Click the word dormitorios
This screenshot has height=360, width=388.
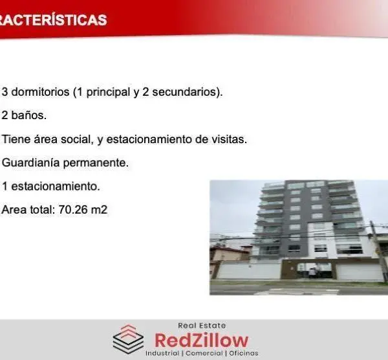[x=40, y=92]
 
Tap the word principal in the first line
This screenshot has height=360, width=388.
[x=108, y=93]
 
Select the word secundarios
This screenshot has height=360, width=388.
[x=186, y=92]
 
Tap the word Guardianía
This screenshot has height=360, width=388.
[x=30, y=163]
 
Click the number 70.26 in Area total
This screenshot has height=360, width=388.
[x=73, y=210]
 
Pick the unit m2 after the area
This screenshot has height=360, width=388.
[x=99, y=210]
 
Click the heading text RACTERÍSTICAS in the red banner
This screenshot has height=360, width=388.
[x=53, y=20]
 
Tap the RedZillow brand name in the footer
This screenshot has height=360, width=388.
[x=201, y=341]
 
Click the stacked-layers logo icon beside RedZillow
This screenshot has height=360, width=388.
[x=128, y=339]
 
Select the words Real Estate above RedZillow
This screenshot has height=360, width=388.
[x=202, y=325]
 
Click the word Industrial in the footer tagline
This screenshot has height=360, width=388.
[x=162, y=353]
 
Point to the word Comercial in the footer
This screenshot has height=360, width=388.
[x=204, y=353]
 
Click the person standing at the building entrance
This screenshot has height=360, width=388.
[x=312, y=273]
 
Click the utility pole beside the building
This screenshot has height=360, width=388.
[x=378, y=251]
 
